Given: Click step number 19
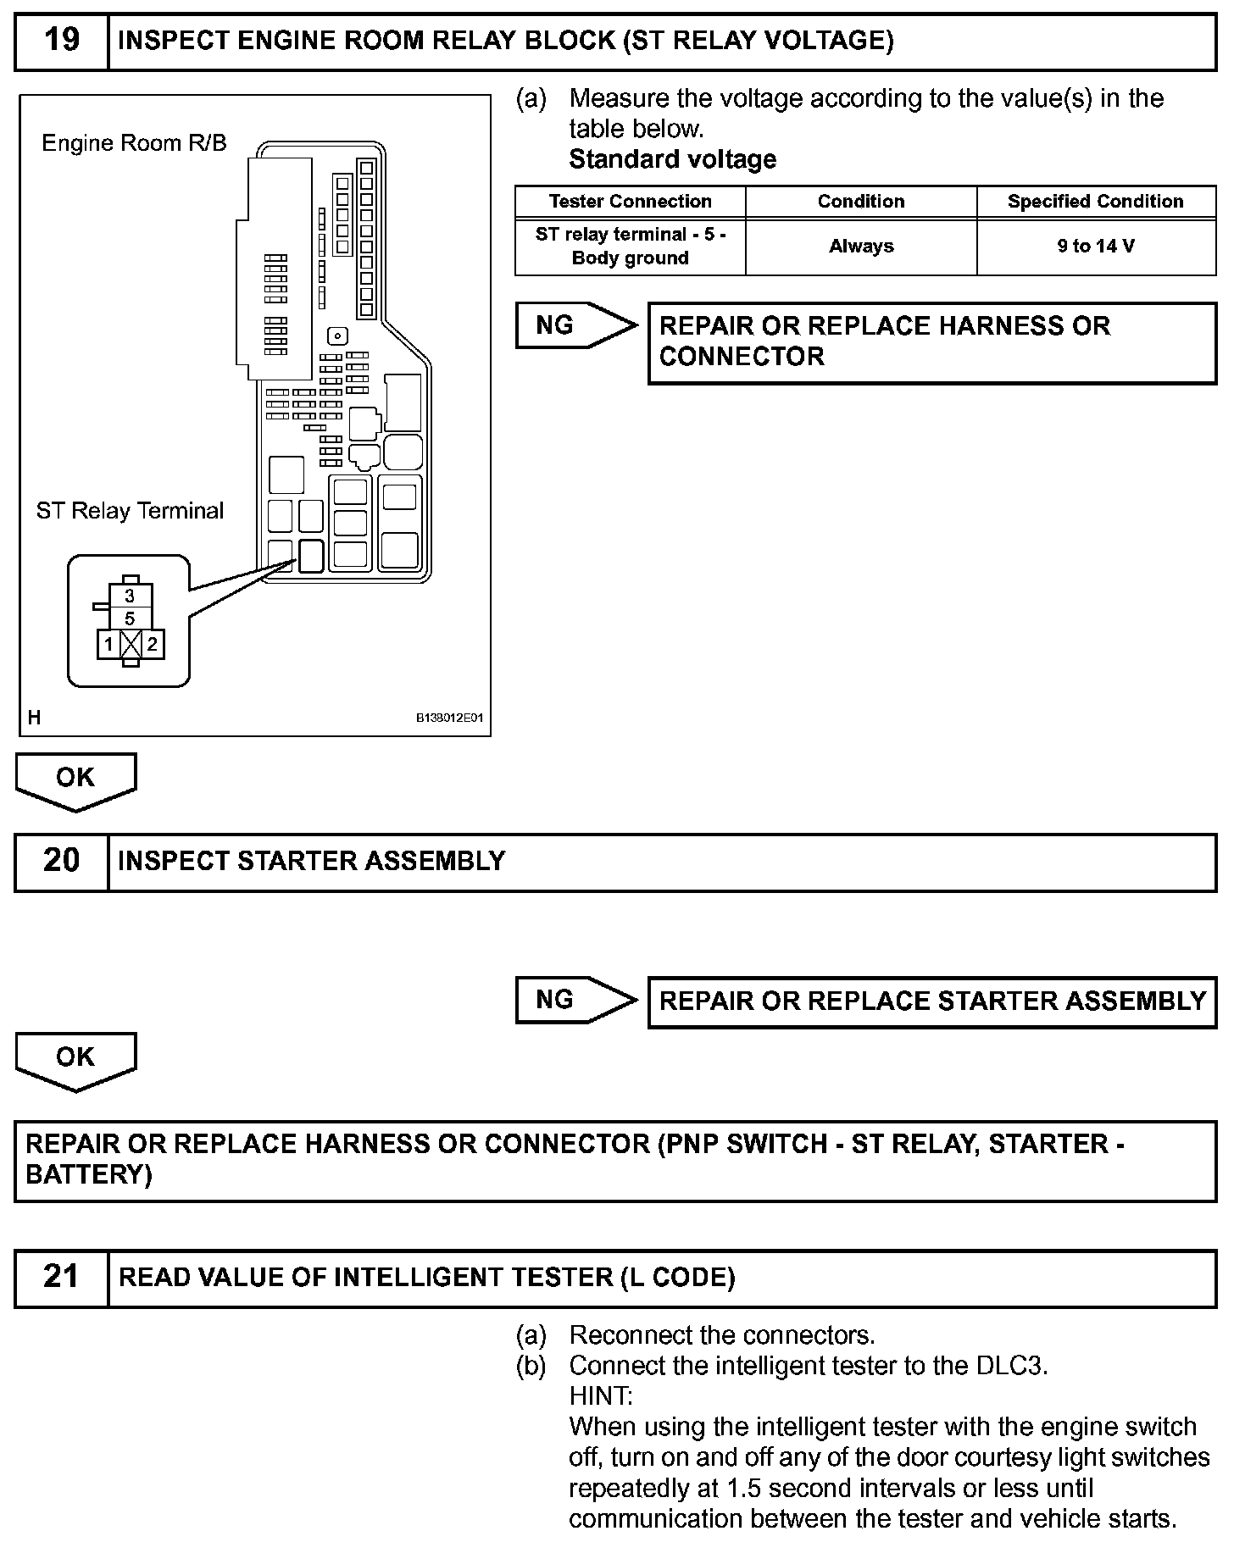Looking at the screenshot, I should click(x=61, y=40).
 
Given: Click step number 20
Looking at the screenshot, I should click(x=61, y=861).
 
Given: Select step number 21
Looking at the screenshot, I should click(x=61, y=1277).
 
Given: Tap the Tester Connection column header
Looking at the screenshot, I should click(x=630, y=202).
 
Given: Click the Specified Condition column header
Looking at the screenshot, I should click(x=1095, y=202).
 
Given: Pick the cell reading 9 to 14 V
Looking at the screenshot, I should click(x=1095, y=247).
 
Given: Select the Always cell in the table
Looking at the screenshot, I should click(x=860, y=247).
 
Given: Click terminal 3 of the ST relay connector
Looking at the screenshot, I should click(x=130, y=596).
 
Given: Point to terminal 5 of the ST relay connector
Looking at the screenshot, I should click(x=130, y=618).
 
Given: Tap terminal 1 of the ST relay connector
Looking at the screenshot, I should click(x=108, y=644).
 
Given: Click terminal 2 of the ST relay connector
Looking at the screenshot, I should click(x=152, y=644).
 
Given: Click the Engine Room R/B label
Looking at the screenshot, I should click(x=134, y=143).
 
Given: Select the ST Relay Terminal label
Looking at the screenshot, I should click(x=130, y=511).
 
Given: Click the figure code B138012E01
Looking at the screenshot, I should click(x=448, y=718).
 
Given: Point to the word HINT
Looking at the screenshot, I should click(x=600, y=1395).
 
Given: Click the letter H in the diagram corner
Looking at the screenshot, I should click(x=34, y=718).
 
